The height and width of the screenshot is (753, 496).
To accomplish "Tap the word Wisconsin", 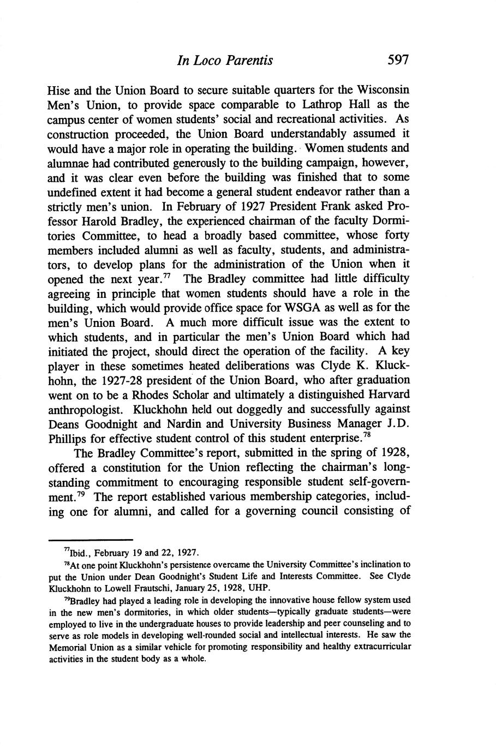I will (383, 89).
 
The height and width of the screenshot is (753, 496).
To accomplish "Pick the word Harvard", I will (387, 394).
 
